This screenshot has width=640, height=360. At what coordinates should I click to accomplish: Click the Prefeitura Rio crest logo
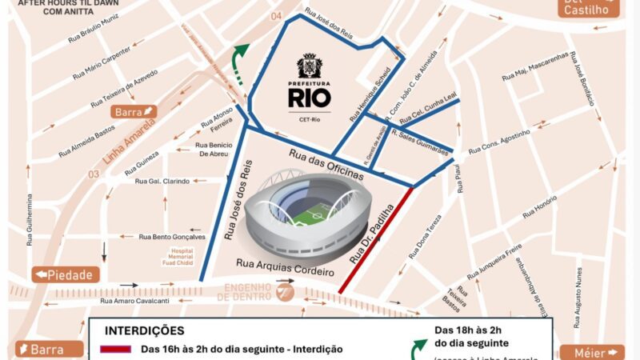tap(308, 66)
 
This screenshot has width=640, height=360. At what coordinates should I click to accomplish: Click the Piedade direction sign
tap(66, 274)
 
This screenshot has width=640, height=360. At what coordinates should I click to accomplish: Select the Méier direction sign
tap(592, 352)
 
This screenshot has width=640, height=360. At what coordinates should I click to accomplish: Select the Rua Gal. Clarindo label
tap(162, 181)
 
